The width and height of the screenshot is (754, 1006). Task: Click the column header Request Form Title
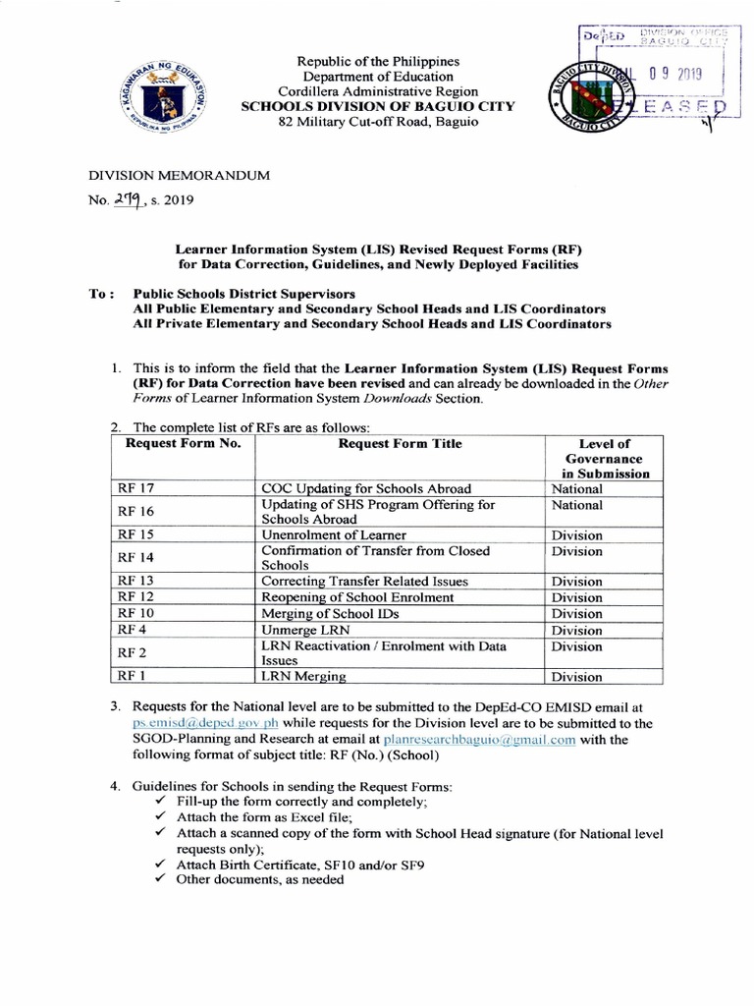click(x=400, y=444)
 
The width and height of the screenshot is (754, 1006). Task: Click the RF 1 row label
click(x=131, y=676)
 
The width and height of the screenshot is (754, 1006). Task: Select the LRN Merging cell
click(x=303, y=676)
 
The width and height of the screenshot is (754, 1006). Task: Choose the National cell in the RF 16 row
click(x=576, y=505)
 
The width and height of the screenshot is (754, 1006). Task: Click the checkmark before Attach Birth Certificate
click(x=161, y=865)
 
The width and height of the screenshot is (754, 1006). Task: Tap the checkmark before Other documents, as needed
click(x=161, y=880)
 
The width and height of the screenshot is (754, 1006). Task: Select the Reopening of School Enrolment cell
click(x=357, y=597)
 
